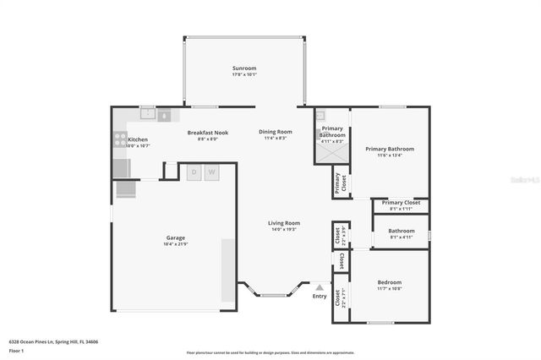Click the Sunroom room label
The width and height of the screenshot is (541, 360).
[x=244, y=68]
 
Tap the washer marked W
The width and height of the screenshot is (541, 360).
[x=211, y=172]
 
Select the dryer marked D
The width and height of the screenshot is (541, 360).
[x=194, y=172]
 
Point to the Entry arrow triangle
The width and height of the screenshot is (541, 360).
[x=319, y=287]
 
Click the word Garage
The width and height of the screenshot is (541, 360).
[x=175, y=238]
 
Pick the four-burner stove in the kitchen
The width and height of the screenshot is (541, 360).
[x=119, y=140]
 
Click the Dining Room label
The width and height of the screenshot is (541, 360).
[x=276, y=132]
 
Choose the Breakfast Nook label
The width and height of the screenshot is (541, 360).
[x=208, y=133]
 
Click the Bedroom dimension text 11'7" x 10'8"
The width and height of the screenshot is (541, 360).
[x=390, y=289]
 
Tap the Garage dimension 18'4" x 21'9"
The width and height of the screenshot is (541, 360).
[x=175, y=245]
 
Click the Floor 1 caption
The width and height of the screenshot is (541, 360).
[x=16, y=350]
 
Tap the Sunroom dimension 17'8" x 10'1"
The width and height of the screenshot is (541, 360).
[x=244, y=74]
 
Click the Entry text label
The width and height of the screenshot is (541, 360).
[x=319, y=296]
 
